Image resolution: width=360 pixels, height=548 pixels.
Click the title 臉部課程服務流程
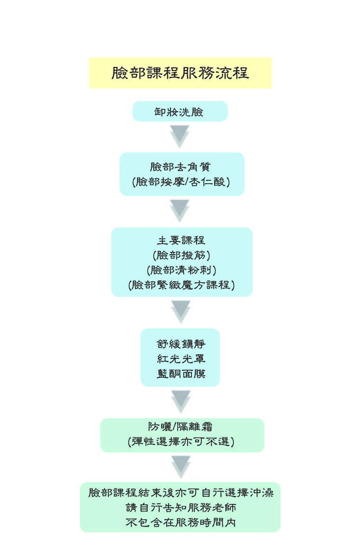pyautogui.click(x=180, y=73)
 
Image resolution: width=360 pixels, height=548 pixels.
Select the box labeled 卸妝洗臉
pyautogui.click(x=180, y=112)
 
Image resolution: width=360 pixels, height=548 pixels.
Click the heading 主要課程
pyautogui.click(x=182, y=240)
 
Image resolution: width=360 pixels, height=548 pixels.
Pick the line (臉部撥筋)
pyautogui.click(x=182, y=255)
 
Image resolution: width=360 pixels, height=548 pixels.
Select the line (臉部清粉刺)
pyautogui.click(x=182, y=270)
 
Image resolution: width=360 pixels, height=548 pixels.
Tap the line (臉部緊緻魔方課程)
pyautogui.click(x=182, y=284)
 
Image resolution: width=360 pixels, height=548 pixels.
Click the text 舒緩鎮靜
pyautogui.click(x=181, y=343)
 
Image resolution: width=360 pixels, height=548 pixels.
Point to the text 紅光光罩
pyautogui.click(x=181, y=358)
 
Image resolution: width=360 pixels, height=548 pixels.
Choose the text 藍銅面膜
pyautogui.click(x=181, y=373)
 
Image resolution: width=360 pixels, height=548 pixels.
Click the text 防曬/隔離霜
pyautogui.click(x=182, y=426)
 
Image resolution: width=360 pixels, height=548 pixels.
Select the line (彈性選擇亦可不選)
pyautogui.click(x=182, y=442)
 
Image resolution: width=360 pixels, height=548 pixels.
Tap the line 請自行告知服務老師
pyautogui.click(x=181, y=507)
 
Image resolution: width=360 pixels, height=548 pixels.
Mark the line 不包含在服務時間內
pyautogui.click(x=181, y=522)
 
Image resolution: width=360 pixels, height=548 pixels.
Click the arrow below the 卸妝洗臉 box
pyautogui.click(x=180, y=136)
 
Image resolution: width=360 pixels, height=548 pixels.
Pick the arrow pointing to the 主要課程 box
pyautogui.click(x=180, y=211)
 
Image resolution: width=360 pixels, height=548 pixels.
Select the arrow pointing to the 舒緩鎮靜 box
pyautogui.click(x=181, y=311)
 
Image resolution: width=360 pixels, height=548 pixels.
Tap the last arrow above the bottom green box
pyautogui.click(x=181, y=467)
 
